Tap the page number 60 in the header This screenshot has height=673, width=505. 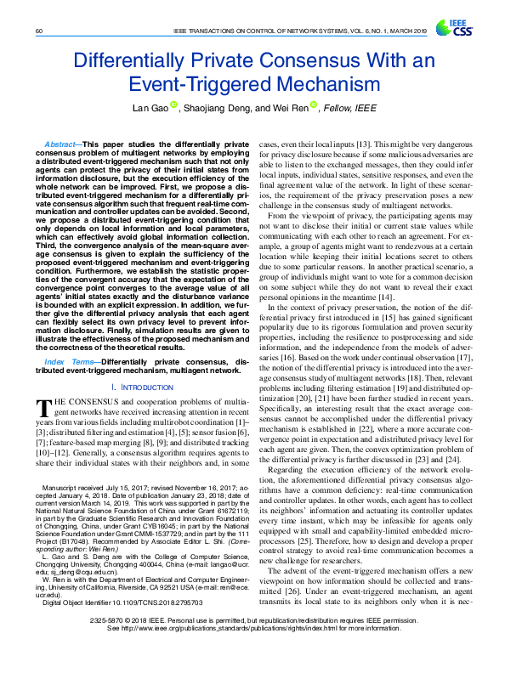coord(40,31)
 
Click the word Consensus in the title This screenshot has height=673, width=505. coord(329,62)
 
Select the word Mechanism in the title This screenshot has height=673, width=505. coord(308,84)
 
